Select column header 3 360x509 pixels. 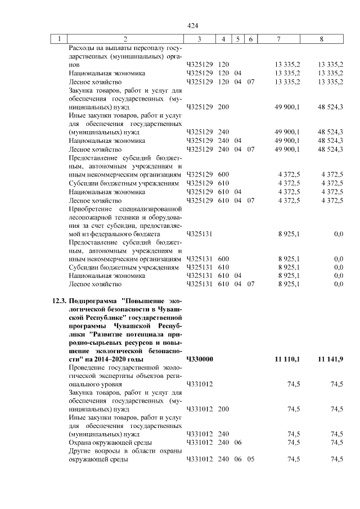click(200, 39)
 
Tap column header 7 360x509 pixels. click(279, 39)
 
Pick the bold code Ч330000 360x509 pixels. click(199, 359)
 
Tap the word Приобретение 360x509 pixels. click(90, 208)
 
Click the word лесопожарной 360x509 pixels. click(88, 217)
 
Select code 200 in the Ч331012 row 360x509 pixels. click(223, 409)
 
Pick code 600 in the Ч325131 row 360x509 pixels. click(223, 259)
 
